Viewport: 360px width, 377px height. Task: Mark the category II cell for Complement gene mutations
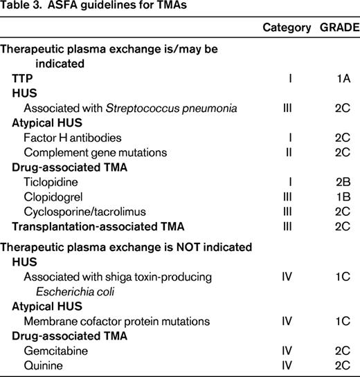click(x=289, y=152)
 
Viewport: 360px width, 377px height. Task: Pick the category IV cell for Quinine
click(x=287, y=365)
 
